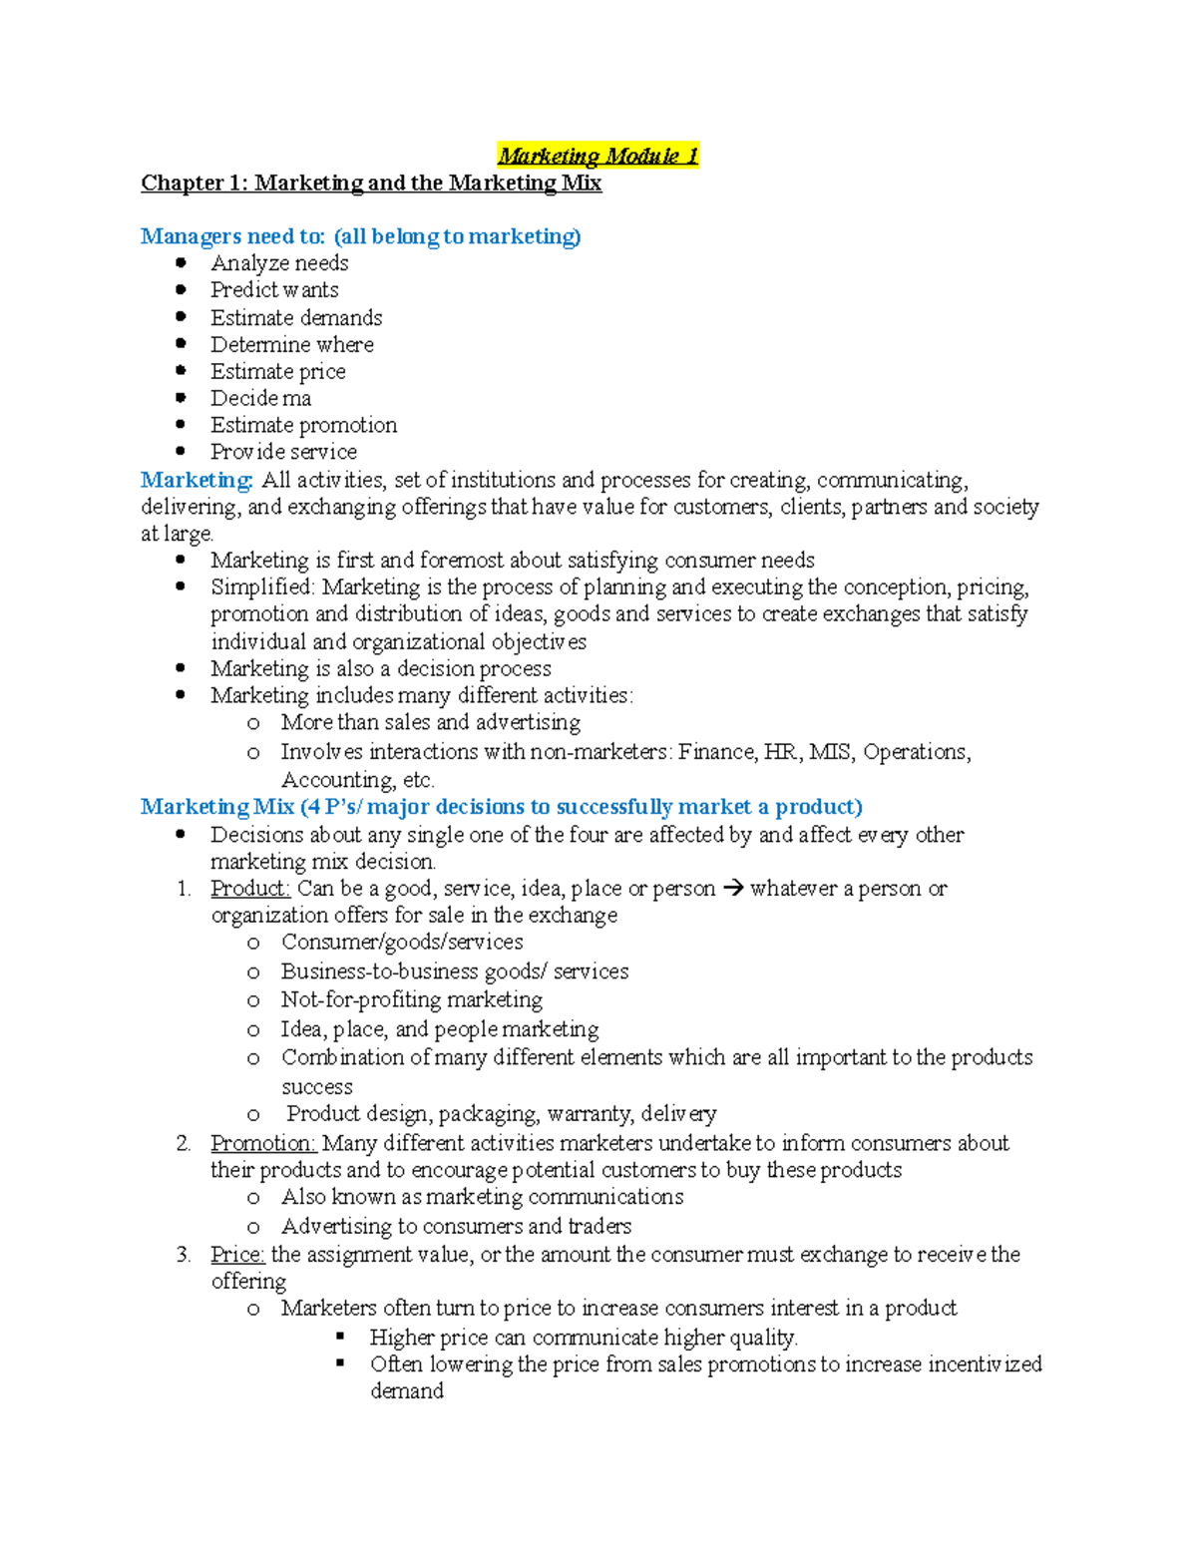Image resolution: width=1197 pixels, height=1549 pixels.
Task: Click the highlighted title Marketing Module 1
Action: coord(598,156)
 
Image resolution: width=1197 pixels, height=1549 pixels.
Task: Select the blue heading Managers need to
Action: coord(232,236)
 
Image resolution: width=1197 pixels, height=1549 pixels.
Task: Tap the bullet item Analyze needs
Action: coord(279,263)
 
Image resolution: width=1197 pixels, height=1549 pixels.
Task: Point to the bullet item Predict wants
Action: coord(274,290)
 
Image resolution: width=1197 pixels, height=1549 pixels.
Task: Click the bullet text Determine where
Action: coord(292,345)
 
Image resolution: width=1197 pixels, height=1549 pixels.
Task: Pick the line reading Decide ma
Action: coord(260,399)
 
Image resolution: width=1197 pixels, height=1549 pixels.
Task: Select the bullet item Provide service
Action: coord(283,452)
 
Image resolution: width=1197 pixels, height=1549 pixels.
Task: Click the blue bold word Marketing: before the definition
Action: coord(197,480)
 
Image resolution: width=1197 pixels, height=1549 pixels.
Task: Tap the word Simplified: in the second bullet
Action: coord(262,587)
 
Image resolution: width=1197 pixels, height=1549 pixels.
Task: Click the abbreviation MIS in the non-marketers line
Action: coord(830,752)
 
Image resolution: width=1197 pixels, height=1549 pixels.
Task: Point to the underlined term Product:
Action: coord(249,889)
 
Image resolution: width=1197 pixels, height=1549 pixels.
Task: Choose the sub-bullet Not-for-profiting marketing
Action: coord(411,999)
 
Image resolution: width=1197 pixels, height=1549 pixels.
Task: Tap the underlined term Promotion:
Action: coord(262,1143)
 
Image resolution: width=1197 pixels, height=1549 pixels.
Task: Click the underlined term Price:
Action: coord(237,1255)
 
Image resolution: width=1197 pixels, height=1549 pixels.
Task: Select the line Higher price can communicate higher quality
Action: coord(584,1338)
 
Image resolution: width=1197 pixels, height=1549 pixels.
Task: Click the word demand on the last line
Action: coord(407,1391)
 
